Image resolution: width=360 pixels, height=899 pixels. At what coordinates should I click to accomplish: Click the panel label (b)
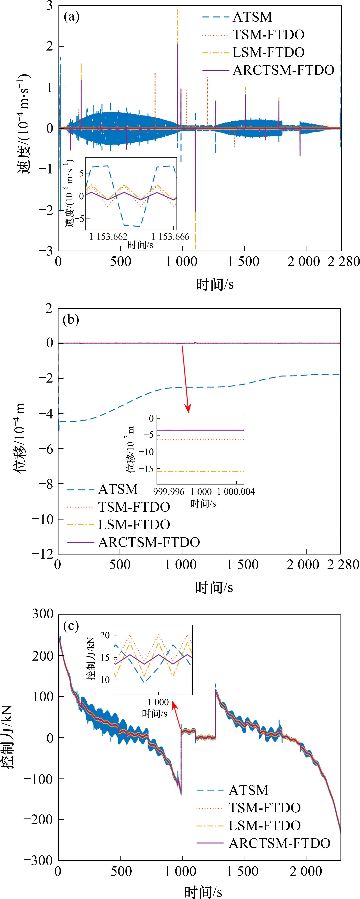71,320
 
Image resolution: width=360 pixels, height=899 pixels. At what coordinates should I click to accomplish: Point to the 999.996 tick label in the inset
169,492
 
